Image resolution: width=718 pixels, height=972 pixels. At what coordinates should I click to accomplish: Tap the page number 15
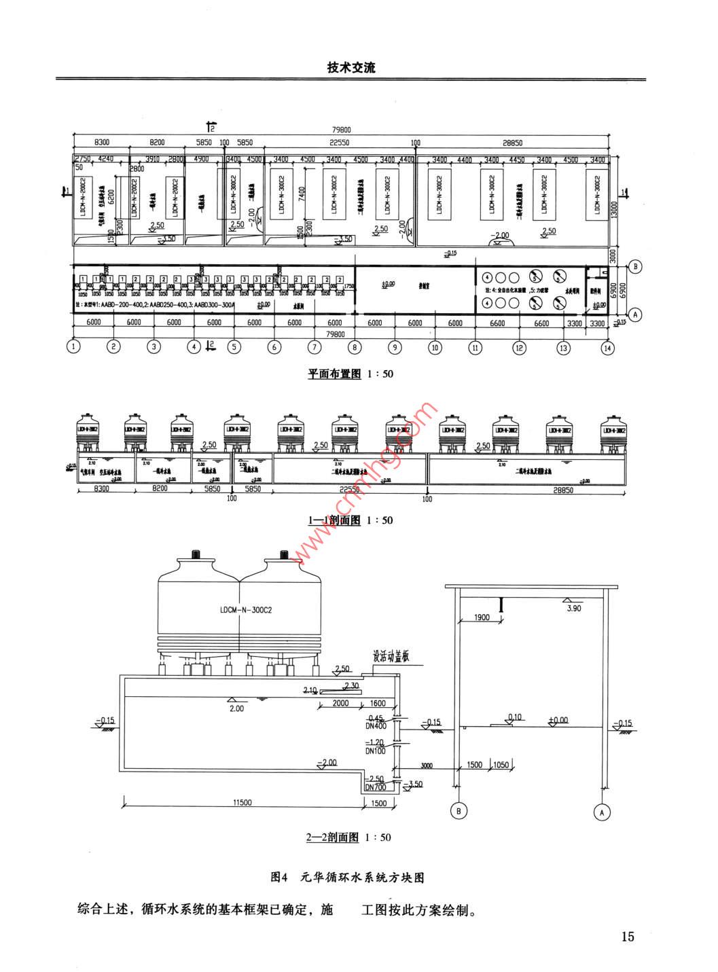tap(627, 937)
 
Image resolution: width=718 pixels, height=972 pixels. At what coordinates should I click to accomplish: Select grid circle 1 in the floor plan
tap(73, 346)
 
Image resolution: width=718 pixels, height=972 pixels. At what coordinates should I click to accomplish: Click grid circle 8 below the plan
tap(355, 346)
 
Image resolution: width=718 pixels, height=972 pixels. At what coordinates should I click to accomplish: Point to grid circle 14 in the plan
tap(607, 346)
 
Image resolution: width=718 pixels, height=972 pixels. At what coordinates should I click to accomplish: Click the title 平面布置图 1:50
tap(351, 374)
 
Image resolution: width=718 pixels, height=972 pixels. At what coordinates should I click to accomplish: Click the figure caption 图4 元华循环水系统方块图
tap(347, 878)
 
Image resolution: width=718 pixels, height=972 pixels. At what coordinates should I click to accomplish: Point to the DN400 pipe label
tap(375, 726)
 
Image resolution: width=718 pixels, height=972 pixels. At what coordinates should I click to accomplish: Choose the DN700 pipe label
tap(375, 787)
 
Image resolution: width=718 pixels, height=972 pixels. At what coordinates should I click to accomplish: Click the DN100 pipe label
tap(375, 751)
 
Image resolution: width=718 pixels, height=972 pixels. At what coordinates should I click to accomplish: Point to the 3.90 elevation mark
tap(574, 609)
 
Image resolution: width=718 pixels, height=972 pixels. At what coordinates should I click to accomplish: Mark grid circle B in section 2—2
tap(459, 810)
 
